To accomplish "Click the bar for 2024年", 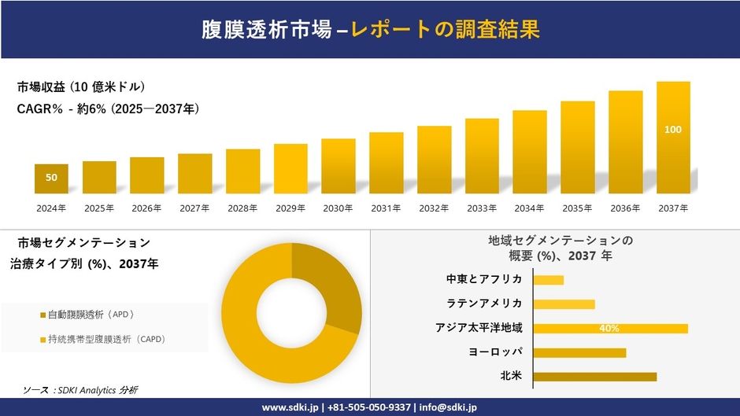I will pos(51,179).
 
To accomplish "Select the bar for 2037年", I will pos(673,138).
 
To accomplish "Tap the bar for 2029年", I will pos(290,168).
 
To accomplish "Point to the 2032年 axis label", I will pos(434,208).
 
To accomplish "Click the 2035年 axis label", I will pos(577,208).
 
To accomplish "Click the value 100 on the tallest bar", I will pos(673,130).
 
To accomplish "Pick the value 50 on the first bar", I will pos(51,178).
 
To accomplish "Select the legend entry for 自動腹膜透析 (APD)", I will pos(91,315).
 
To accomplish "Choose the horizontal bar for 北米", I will pos(594,377).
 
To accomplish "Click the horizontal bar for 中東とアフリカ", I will pos(549,280).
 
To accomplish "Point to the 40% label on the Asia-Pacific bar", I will pos(609,328).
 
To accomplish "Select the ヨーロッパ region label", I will pos(495,352).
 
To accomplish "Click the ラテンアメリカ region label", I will pos(484,304).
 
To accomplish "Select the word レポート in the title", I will pos(391,30).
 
